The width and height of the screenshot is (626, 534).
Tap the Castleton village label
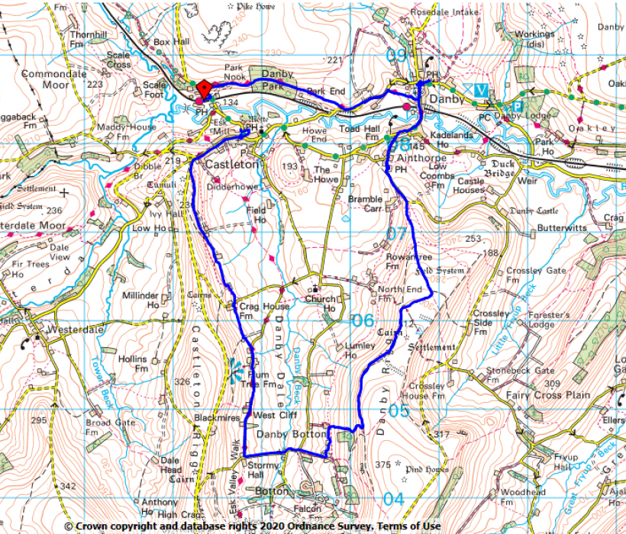231,164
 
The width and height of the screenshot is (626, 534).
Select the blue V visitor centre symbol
479,89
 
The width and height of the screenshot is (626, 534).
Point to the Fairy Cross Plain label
548,395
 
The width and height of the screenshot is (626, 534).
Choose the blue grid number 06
363,321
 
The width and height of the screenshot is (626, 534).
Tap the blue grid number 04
393,500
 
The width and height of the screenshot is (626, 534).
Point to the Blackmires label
217,418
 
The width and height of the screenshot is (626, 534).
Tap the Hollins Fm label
133,363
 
